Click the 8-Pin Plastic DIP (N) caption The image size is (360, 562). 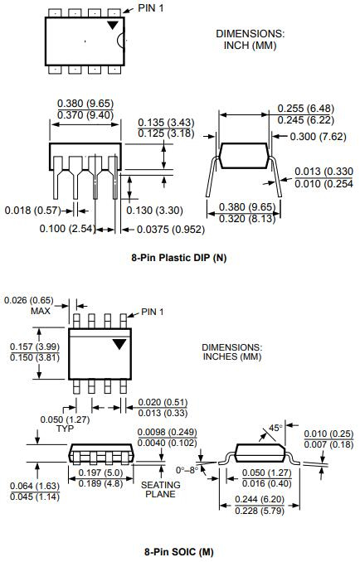pos(178,258)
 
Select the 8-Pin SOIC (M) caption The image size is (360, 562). pos(178,550)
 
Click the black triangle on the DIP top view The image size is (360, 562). pos(112,26)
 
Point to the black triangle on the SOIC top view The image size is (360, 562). pos(119,343)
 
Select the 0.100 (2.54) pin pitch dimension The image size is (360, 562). pos(66,227)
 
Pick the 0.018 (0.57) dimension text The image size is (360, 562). pos(32,210)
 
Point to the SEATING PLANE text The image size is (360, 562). pos(160,489)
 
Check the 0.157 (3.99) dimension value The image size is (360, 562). pos(33,346)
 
